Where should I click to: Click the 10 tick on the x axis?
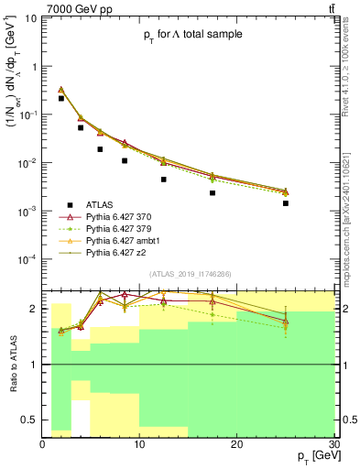(x=140, y=444)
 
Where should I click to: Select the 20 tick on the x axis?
(x=237, y=444)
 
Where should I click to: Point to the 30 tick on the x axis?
(x=333, y=444)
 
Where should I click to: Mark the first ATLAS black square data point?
(x=61, y=98)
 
